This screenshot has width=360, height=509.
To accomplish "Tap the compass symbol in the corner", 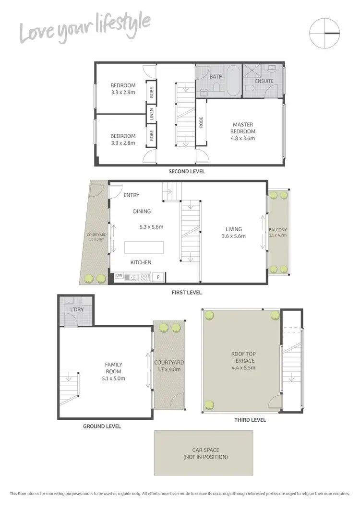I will [325, 33].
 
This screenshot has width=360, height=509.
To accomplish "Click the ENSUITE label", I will [264, 81].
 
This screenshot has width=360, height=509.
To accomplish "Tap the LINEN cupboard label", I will [152, 115].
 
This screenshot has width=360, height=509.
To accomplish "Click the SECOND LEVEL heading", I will [187, 171].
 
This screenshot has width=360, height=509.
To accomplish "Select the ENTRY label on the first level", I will [132, 195].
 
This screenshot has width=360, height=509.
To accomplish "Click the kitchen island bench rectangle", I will [144, 247].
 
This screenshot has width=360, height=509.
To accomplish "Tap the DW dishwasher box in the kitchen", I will [119, 277].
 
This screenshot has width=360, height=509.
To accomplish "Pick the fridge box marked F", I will [158, 277].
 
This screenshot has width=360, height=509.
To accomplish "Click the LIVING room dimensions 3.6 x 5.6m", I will [234, 236].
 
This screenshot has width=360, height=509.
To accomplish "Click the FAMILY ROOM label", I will [113, 368].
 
